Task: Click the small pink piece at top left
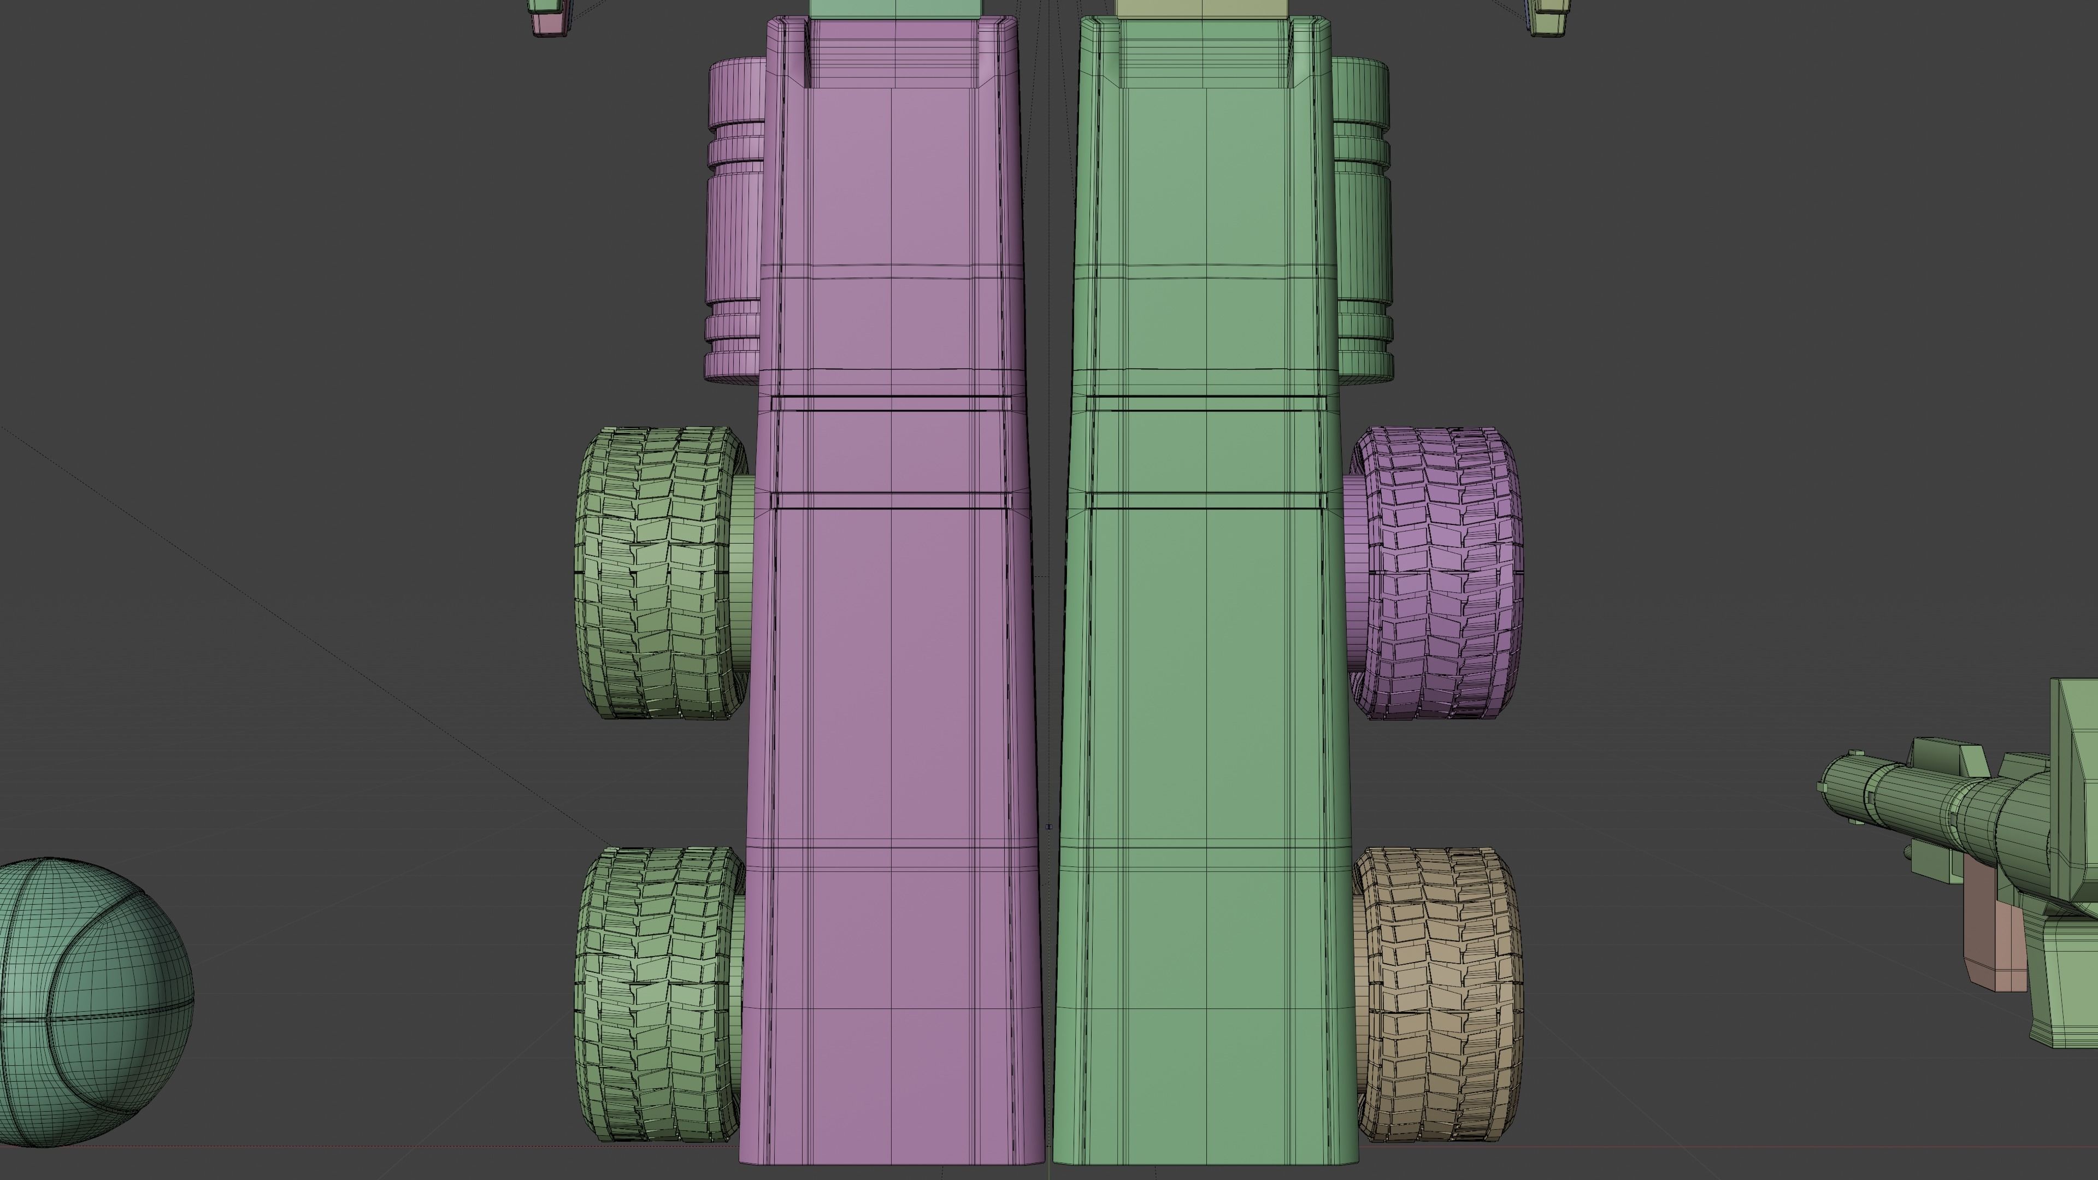[x=547, y=23]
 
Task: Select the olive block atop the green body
[x=1202, y=8]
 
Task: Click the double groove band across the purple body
[x=891, y=403]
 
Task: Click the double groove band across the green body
[x=1205, y=403]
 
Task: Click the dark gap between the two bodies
[x=1048, y=570]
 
